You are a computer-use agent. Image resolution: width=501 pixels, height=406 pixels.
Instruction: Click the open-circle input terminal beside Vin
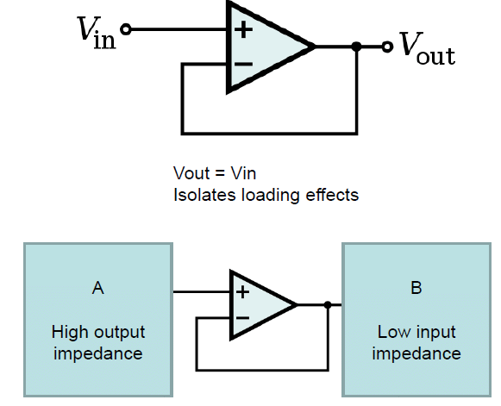coord(127,29)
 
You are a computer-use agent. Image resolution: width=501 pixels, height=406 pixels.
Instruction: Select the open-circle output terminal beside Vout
coord(387,47)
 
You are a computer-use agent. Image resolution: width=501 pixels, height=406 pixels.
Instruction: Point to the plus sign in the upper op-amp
coord(244,30)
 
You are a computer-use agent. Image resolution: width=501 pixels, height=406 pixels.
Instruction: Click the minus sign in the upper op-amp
coord(244,64)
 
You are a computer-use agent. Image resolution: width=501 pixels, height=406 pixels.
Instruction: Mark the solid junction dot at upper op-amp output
coord(357,47)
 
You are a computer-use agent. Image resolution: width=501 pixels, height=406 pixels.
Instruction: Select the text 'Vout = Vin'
coord(215,173)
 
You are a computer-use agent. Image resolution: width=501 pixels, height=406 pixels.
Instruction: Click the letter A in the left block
coord(97,289)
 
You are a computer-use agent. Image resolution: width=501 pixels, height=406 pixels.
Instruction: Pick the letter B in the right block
coord(416,289)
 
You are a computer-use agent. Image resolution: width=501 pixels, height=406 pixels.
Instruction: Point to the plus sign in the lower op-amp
coord(243,291)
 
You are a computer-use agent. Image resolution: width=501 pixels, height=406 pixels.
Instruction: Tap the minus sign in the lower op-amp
coord(243,318)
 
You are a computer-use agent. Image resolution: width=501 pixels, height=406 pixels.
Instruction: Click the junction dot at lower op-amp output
coord(328,305)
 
